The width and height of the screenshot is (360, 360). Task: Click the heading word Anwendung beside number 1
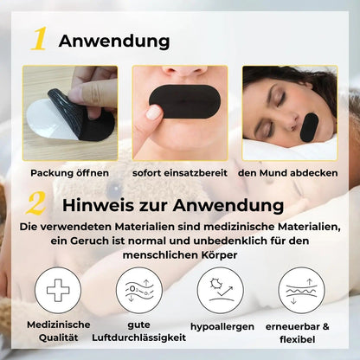114,41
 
